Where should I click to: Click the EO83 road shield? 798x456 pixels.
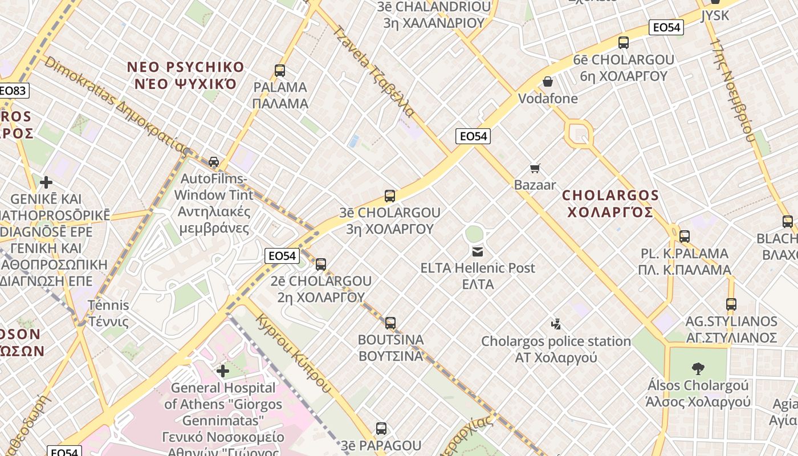point(13,91)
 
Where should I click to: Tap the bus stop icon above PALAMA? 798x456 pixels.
point(279,71)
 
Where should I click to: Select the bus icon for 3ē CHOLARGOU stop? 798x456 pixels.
point(390,196)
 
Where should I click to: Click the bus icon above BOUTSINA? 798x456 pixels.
point(390,323)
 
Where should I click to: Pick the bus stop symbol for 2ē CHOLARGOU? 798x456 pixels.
point(321,264)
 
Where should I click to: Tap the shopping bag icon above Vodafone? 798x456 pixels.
point(548,82)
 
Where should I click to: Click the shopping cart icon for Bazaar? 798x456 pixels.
point(535,168)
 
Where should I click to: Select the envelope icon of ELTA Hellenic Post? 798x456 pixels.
point(478,251)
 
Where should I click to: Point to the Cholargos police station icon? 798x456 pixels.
point(556,324)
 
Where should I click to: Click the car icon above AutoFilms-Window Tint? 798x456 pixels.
point(214,161)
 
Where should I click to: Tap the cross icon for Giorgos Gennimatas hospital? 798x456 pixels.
point(223,371)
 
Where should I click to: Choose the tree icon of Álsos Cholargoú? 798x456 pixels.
point(698,368)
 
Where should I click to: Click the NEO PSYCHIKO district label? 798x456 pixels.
point(185,75)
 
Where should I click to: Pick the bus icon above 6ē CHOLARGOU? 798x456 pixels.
point(624,42)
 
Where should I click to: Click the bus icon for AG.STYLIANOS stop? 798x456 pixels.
point(731,304)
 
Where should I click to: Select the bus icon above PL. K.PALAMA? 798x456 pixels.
point(685,236)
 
